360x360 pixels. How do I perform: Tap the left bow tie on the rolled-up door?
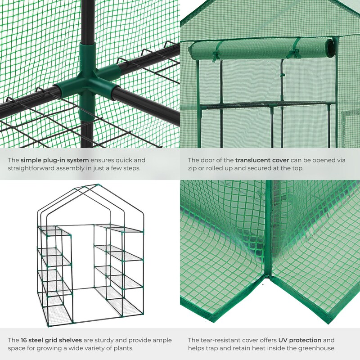(x=216, y=56)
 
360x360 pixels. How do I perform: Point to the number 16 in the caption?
(x=24, y=340)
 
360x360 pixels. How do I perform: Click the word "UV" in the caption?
(x=283, y=340)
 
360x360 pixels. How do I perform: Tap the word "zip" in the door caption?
(x=192, y=168)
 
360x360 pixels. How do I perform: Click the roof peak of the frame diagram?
(x=97, y=184)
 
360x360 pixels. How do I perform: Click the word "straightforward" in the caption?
(x=31, y=168)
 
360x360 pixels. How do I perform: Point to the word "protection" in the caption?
(x=305, y=340)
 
